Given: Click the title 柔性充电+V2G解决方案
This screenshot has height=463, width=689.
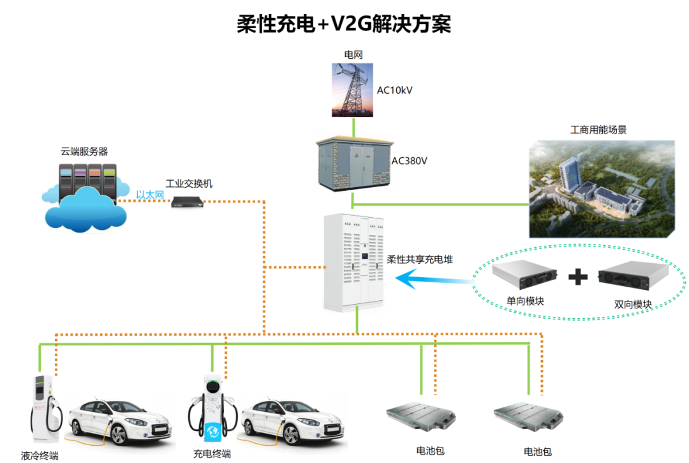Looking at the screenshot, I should (344, 24).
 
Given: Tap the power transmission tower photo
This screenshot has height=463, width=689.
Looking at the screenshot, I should (352, 89).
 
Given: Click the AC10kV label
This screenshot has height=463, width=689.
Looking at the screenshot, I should (394, 90).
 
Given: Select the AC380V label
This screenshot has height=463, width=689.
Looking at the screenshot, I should (409, 161).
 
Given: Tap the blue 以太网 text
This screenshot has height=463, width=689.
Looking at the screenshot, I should (151, 195).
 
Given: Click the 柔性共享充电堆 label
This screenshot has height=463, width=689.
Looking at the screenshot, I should (420, 261).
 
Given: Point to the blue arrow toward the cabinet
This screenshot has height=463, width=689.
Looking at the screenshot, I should (433, 278).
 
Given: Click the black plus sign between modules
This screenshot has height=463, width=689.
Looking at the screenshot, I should (577, 277).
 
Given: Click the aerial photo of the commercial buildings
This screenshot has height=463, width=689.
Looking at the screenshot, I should (602, 189).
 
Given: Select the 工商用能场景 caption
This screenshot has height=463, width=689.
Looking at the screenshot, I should (598, 130).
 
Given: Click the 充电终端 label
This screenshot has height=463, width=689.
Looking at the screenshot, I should (212, 454).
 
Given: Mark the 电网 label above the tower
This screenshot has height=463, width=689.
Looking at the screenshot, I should (353, 55).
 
